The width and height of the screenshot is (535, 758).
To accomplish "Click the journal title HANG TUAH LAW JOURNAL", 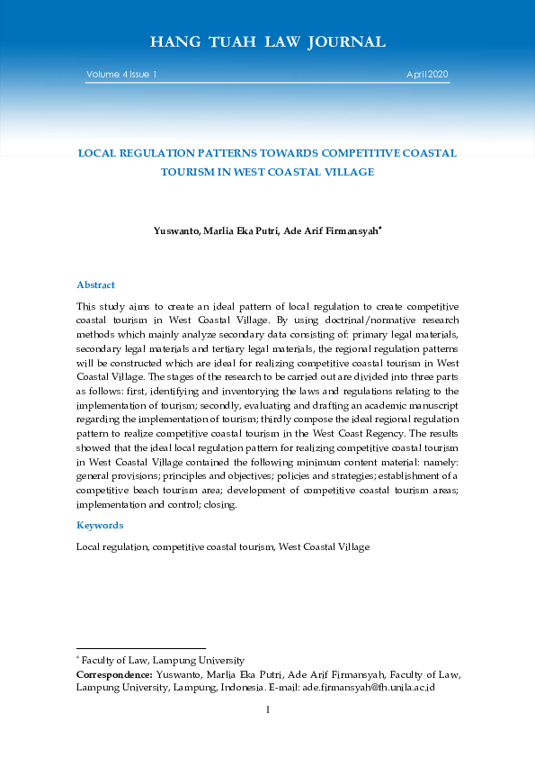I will point(267,42).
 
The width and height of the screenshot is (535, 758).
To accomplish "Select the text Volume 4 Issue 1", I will point(122,74).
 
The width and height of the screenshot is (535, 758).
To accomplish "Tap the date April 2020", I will point(427,74).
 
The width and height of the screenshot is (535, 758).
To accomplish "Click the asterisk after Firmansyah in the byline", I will point(380,228).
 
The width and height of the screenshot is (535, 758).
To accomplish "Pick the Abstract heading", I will point(95,284).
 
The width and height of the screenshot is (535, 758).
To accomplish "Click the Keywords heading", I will point(100,525).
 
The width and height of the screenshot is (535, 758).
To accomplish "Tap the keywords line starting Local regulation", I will point(223,546).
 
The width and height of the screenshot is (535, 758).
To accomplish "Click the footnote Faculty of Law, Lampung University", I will point(164,660).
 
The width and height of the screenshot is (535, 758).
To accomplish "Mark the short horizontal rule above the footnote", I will point(141,648).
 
